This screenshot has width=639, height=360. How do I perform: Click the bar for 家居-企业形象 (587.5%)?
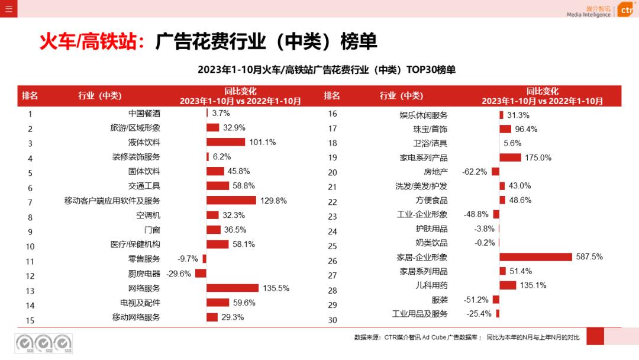535,257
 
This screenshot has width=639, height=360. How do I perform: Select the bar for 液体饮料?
225,142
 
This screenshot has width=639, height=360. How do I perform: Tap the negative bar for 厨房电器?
201,274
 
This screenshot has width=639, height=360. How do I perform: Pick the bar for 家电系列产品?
510,157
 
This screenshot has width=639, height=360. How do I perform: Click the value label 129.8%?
273,201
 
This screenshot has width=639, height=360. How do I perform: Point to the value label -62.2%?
475,172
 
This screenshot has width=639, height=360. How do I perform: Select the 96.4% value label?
526,129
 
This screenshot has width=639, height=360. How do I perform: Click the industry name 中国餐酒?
144,113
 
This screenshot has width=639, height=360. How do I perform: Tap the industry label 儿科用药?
432,285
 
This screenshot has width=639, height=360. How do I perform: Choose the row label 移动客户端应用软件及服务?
112,201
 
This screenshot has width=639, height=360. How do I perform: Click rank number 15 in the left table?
30,320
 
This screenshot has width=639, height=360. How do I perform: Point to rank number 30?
333,320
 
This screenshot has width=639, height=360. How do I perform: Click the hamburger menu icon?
8,8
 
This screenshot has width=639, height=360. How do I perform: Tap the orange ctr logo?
626,10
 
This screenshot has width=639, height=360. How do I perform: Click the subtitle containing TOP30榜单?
327,70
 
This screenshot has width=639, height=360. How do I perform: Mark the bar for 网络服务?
233,288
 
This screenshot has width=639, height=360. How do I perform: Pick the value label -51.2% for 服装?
476,300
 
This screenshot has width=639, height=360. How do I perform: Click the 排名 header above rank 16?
332,96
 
